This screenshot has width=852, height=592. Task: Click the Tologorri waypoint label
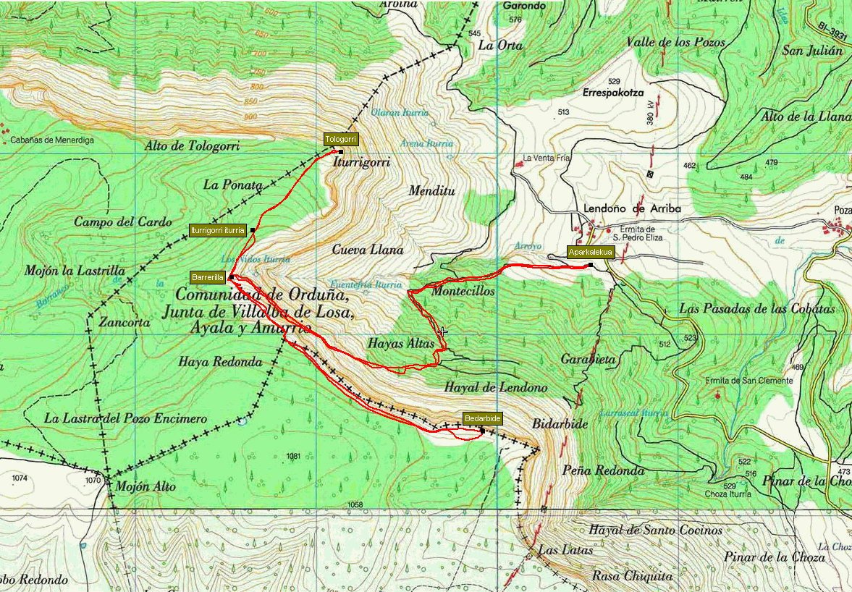pyautogui.click(x=341, y=140)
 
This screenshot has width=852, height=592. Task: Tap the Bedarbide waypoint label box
pyautogui.click(x=482, y=419)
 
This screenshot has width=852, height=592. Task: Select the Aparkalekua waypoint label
pyautogui.click(x=591, y=253)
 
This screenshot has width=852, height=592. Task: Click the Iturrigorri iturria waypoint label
pyautogui.click(x=217, y=230)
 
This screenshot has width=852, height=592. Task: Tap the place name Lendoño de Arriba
pyautogui.click(x=632, y=208)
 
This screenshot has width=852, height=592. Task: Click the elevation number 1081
pyautogui.click(x=292, y=456)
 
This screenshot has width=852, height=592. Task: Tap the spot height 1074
pyautogui.click(x=19, y=478)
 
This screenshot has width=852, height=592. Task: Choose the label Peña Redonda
pyautogui.click(x=603, y=470)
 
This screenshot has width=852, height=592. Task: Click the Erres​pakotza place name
pyautogui.click(x=613, y=93)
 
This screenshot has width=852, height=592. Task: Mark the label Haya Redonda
pyautogui.click(x=219, y=363)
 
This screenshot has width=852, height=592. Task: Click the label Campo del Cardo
pyautogui.click(x=123, y=222)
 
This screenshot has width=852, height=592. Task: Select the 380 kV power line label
pyautogui.click(x=651, y=114)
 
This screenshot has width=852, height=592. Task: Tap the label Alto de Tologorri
pyautogui.click(x=192, y=146)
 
